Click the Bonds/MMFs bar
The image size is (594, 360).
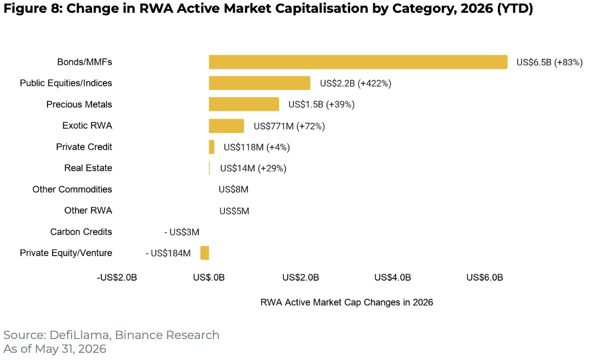[358, 62]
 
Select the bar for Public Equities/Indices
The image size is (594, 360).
[260, 83]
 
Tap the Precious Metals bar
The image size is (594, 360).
[244, 104]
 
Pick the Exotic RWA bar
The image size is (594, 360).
[226, 126]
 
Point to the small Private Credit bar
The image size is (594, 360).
[212, 147]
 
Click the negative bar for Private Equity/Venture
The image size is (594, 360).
[204, 253]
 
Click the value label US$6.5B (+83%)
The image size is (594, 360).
[550, 62]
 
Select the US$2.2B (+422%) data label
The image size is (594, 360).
[355, 83]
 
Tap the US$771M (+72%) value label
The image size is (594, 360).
[289, 126]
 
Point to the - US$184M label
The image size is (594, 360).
[168, 253]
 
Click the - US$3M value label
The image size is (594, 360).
[181, 232]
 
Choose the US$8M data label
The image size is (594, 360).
[233, 189]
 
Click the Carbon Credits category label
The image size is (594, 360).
[81, 232]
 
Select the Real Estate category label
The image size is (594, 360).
[88, 168]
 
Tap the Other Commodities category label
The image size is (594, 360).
[72, 189]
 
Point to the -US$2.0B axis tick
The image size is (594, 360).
[117, 277]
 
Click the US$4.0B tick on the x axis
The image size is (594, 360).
[393, 277]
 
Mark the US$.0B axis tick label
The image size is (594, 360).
[209, 277]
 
